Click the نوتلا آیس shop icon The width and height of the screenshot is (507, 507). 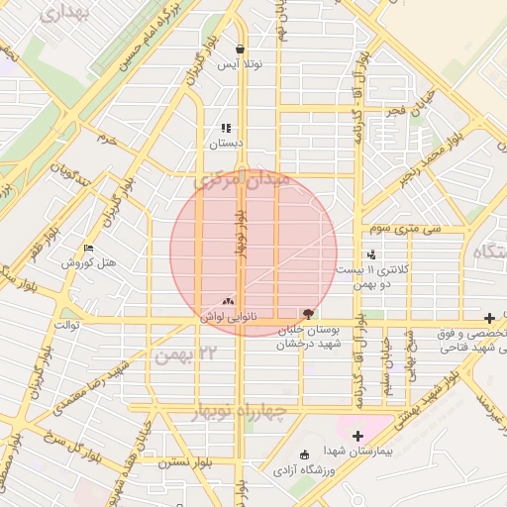[x=241, y=49]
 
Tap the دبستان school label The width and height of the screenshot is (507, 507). [x=225, y=143]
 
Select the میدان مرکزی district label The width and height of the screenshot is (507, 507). [x=243, y=182]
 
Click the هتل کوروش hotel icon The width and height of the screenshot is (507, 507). [x=89, y=249]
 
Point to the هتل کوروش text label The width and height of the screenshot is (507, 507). [x=89, y=263]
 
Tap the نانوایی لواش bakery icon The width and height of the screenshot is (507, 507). [x=229, y=301]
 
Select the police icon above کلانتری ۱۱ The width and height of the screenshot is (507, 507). [x=371, y=254]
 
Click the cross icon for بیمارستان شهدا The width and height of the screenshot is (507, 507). [x=357, y=435]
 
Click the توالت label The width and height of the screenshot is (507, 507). [x=66, y=325]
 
